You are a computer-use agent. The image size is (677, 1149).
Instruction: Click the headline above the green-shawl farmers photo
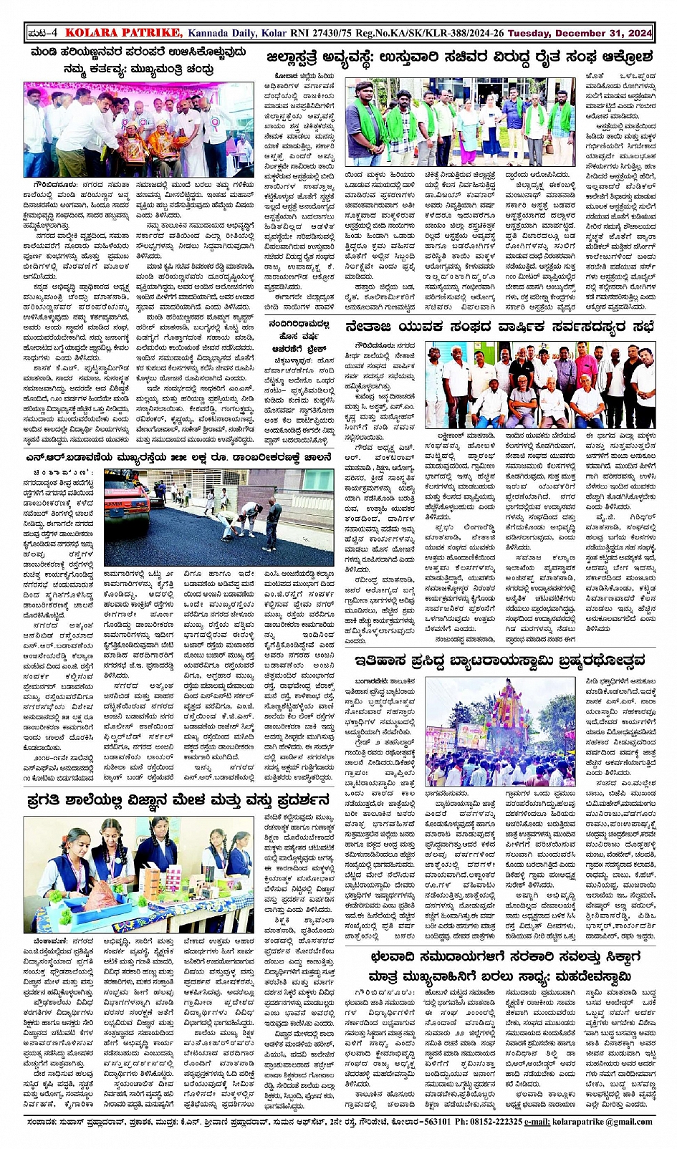click(458, 57)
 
